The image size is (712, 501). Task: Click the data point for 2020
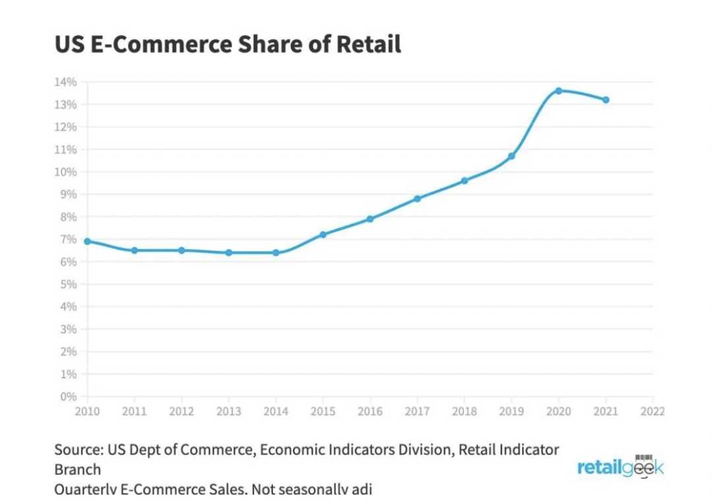coord(558,91)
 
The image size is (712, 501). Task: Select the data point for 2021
coord(606,100)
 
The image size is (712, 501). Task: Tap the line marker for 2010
coord(87,241)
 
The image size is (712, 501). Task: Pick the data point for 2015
coord(323,235)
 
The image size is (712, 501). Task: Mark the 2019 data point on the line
coord(512,156)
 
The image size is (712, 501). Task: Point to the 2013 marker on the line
coord(229,252)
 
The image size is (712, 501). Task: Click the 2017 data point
coord(417,198)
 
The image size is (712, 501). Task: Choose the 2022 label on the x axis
coord(653,412)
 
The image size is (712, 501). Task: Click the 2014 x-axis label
coord(276,412)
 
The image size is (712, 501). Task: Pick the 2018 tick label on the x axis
coord(464,412)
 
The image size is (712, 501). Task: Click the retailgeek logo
coord(620,467)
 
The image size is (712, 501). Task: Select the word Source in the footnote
coord(78,450)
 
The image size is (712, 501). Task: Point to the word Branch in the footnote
coord(78,469)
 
